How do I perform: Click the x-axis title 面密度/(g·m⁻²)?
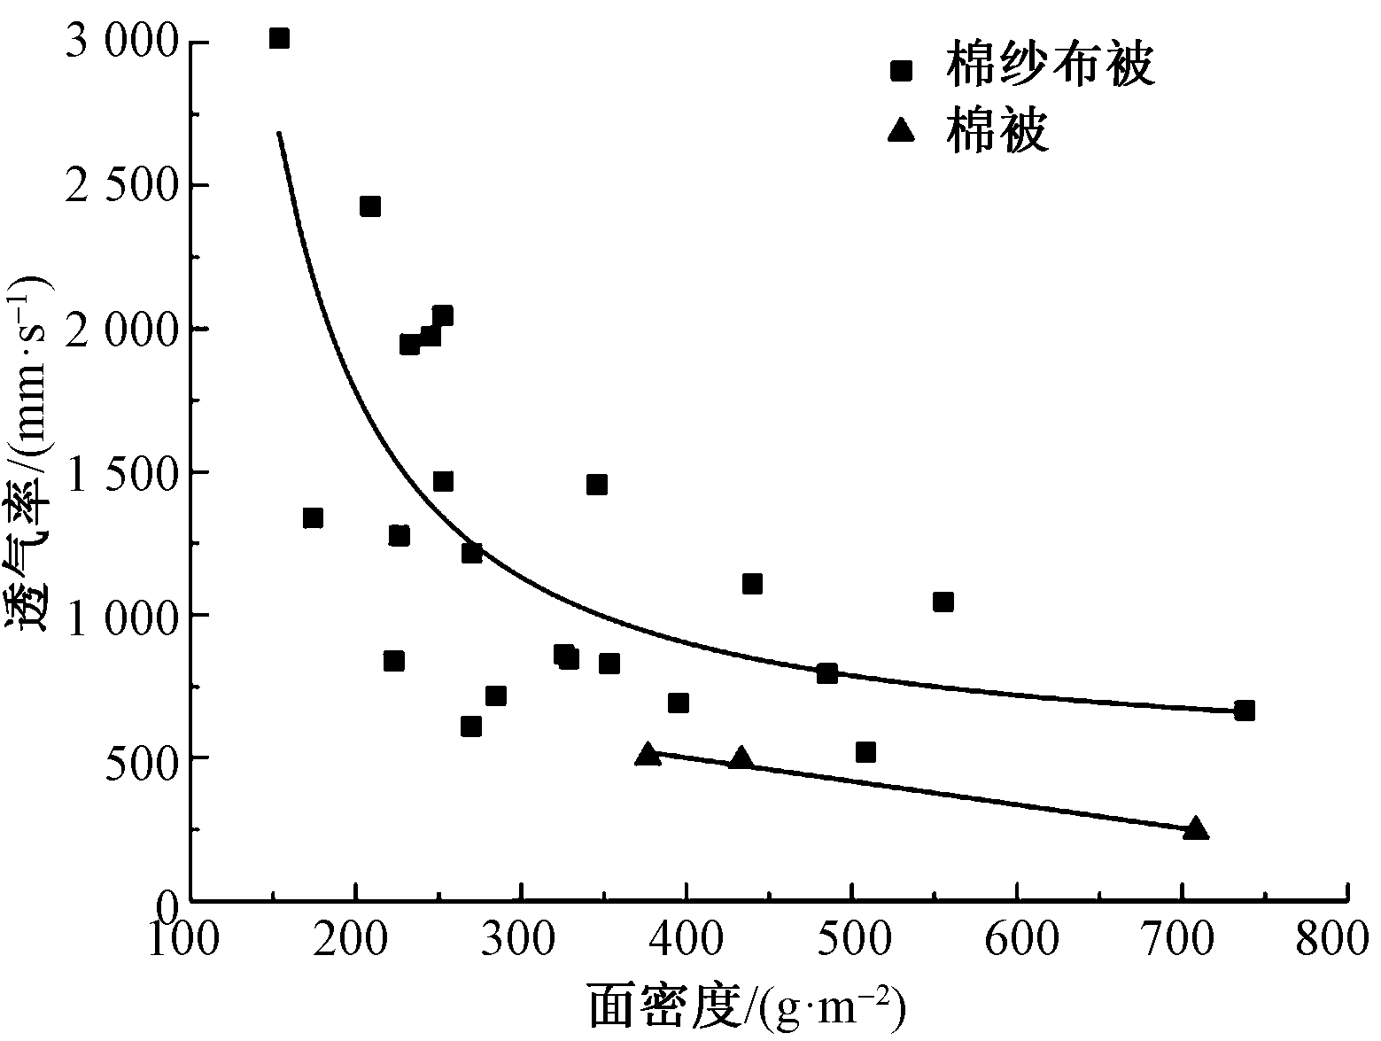click(749, 1007)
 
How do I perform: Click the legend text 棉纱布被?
click(1050, 66)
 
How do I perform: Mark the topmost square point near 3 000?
click(279, 38)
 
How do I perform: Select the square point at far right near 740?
click(1245, 711)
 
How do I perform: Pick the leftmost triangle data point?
click(648, 755)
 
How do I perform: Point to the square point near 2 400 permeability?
click(370, 206)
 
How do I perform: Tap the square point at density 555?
click(943, 602)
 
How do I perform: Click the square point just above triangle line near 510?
click(865, 752)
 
